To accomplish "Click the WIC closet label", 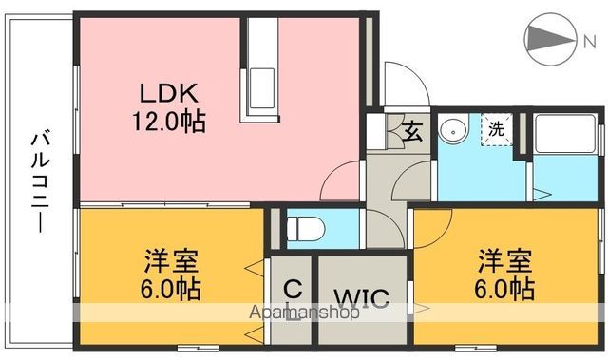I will click(362, 298).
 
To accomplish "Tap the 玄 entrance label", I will click(415, 132).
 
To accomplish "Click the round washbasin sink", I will click(452, 127).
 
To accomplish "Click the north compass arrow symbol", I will click(550, 37).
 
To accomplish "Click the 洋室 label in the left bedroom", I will click(171, 259).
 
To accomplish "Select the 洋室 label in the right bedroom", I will click(503, 259).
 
